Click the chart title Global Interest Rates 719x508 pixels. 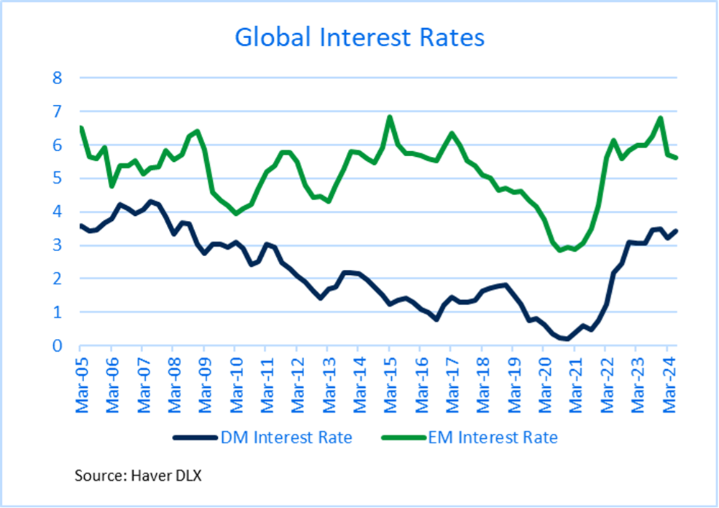click(359, 37)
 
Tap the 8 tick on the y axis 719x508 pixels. click(58, 78)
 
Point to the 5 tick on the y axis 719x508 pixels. click(58, 178)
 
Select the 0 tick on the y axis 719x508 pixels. click(58, 346)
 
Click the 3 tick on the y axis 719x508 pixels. click(58, 245)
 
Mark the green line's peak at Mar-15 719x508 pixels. click(389, 117)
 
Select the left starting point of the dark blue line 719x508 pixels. click(81, 226)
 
